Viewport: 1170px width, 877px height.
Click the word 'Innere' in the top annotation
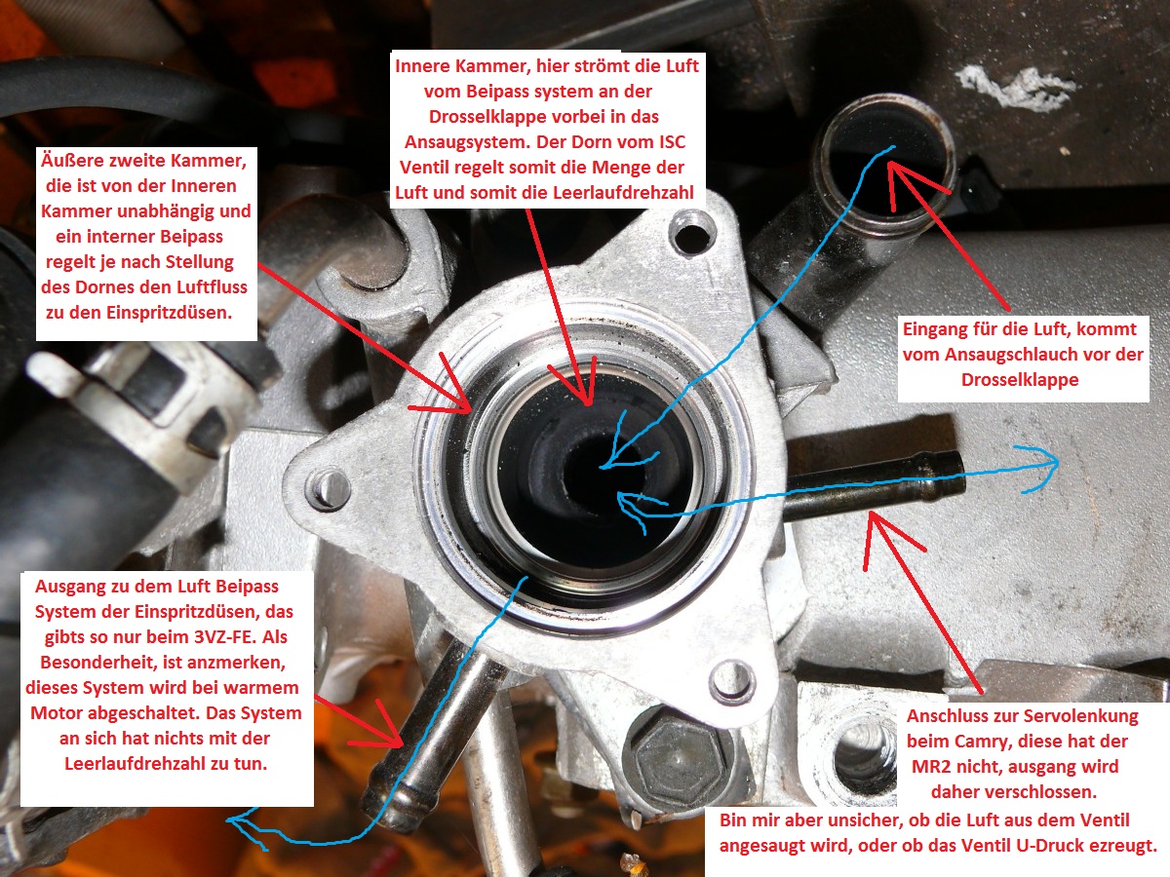pyautogui.click(x=421, y=66)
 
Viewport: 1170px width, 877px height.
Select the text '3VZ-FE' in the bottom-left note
pyautogui.click(x=224, y=637)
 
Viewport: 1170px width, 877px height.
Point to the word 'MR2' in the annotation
pyautogui.click(x=929, y=766)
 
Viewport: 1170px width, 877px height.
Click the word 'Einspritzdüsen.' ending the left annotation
pyautogui.click(x=170, y=313)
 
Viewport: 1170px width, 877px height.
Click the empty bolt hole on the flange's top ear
pyautogui.click(x=691, y=233)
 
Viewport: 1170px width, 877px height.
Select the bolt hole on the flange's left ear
pyautogui.click(x=327, y=488)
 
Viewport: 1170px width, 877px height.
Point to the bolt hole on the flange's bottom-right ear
pyautogui.click(x=727, y=680)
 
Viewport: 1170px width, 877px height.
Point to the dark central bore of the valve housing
pyautogui.click(x=592, y=469)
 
